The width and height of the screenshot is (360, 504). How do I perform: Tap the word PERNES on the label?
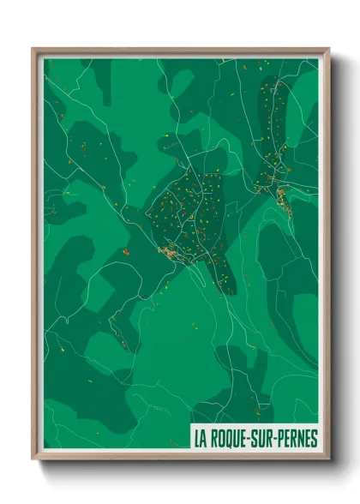[x=293, y=438]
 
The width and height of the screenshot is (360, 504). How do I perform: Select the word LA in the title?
[x=201, y=438]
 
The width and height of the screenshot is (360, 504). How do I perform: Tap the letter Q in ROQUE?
[x=232, y=438]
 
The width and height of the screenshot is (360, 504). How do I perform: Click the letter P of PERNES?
[x=279, y=438]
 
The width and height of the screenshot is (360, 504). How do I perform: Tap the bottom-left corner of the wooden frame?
[x=33, y=459]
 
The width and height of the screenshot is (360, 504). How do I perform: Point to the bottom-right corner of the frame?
[x=327, y=459]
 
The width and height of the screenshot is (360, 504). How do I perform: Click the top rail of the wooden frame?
[x=180, y=51]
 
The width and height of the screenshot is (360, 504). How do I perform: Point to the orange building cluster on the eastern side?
[x=281, y=195]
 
